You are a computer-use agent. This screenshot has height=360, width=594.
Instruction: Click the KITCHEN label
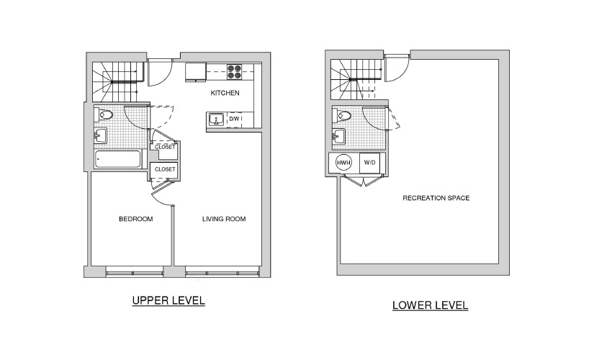point(225,93)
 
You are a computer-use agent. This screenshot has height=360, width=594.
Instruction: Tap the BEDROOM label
point(136,219)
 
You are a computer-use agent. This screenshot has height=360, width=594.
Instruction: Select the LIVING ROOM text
point(224,219)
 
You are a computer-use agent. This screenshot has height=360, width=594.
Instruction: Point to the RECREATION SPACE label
point(436,198)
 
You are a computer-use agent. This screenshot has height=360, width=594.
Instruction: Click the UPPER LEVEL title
point(168,301)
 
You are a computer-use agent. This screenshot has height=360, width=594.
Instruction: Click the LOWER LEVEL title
point(431,305)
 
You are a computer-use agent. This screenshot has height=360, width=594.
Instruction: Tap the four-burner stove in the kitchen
point(234,72)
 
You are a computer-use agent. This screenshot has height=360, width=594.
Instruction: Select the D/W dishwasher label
point(234,119)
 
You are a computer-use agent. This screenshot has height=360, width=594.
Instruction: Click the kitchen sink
point(216,120)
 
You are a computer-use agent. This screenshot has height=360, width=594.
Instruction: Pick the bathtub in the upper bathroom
point(118,159)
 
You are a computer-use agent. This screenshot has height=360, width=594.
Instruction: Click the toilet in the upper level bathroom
point(104,114)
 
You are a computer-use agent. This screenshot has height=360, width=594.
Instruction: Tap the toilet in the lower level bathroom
point(342,115)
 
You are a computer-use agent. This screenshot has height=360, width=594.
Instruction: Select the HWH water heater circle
point(343,163)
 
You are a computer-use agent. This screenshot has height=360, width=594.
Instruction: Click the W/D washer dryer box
point(370,163)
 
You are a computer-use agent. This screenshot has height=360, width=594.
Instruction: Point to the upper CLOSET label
point(165,147)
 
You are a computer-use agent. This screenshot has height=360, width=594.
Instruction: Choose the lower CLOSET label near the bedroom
point(165,169)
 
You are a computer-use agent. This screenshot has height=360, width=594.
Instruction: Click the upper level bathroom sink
point(100,135)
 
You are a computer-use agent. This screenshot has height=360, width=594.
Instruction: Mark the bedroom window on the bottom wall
point(135,272)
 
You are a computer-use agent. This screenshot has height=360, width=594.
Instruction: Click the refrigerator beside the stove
point(195,73)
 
